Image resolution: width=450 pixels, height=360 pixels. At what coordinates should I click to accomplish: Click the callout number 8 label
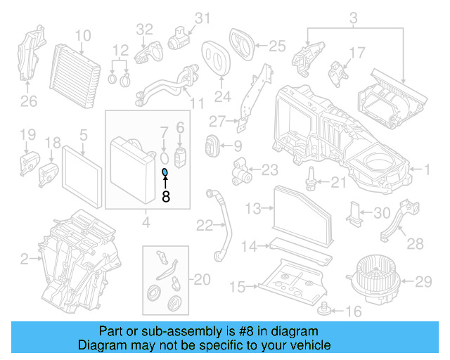tap(166, 198)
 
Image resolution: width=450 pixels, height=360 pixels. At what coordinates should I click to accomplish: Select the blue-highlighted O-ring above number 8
tap(165, 172)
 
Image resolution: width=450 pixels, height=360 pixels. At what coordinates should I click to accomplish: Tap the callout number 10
tap(83, 35)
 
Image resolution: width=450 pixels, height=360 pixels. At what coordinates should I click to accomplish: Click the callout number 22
tap(204, 225)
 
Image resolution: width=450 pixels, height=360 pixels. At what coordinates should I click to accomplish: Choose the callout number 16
tap(354, 311)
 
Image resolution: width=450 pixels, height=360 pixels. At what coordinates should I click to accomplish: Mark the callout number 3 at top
tap(354, 17)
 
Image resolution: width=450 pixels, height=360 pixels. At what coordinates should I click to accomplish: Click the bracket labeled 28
tap(395, 220)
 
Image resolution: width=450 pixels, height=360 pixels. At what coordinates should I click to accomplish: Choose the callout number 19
tap(27, 134)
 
